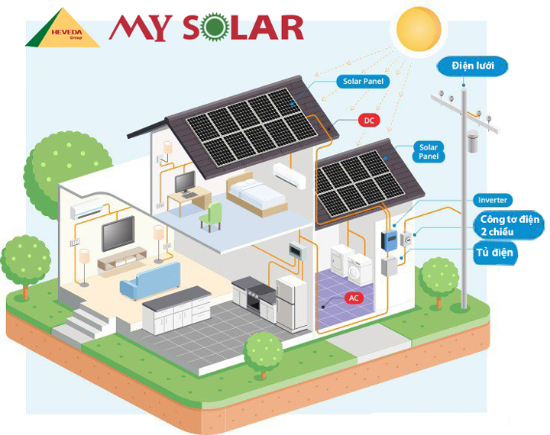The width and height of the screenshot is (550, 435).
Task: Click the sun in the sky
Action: pos(419,30)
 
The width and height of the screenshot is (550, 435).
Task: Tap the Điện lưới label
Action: pos(472,66)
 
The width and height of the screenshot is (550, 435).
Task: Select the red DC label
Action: pos(369,121)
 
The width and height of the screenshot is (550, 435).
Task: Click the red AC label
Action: pos(354,298)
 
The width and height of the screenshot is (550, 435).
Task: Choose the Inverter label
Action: pos(493,200)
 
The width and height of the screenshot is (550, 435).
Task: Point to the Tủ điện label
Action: pos(494,253)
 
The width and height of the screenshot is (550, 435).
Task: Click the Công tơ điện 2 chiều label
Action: pos(509,225)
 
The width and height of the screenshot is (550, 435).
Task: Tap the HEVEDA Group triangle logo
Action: pos(63,27)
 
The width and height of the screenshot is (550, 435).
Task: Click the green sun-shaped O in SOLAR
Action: pos(215,27)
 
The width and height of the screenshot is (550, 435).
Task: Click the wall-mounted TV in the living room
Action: pos(118,233)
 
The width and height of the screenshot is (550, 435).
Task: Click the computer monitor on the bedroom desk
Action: pos(185,182)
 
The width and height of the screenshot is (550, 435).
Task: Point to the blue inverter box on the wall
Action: pos(389,240)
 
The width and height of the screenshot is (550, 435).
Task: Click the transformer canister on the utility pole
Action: pos(473,140)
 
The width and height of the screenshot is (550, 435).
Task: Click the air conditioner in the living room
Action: pos(87,208)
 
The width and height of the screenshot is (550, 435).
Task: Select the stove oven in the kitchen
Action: pos(258,298)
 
